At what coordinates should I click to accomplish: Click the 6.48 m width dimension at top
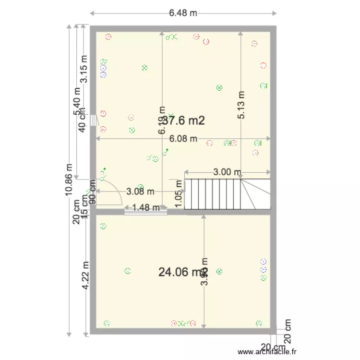tap(183, 13)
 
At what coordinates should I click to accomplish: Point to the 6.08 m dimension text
tap(183, 139)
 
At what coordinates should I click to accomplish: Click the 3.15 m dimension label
tap(84, 69)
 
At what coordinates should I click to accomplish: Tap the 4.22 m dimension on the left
tap(85, 275)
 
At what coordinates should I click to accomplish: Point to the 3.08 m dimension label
tap(140, 192)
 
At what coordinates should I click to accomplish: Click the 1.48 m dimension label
tap(146, 208)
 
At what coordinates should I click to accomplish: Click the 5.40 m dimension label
tap(77, 101)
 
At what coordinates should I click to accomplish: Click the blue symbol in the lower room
tap(263, 262)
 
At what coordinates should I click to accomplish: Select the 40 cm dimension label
tap(82, 120)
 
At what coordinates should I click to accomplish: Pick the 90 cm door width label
tap(92, 192)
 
